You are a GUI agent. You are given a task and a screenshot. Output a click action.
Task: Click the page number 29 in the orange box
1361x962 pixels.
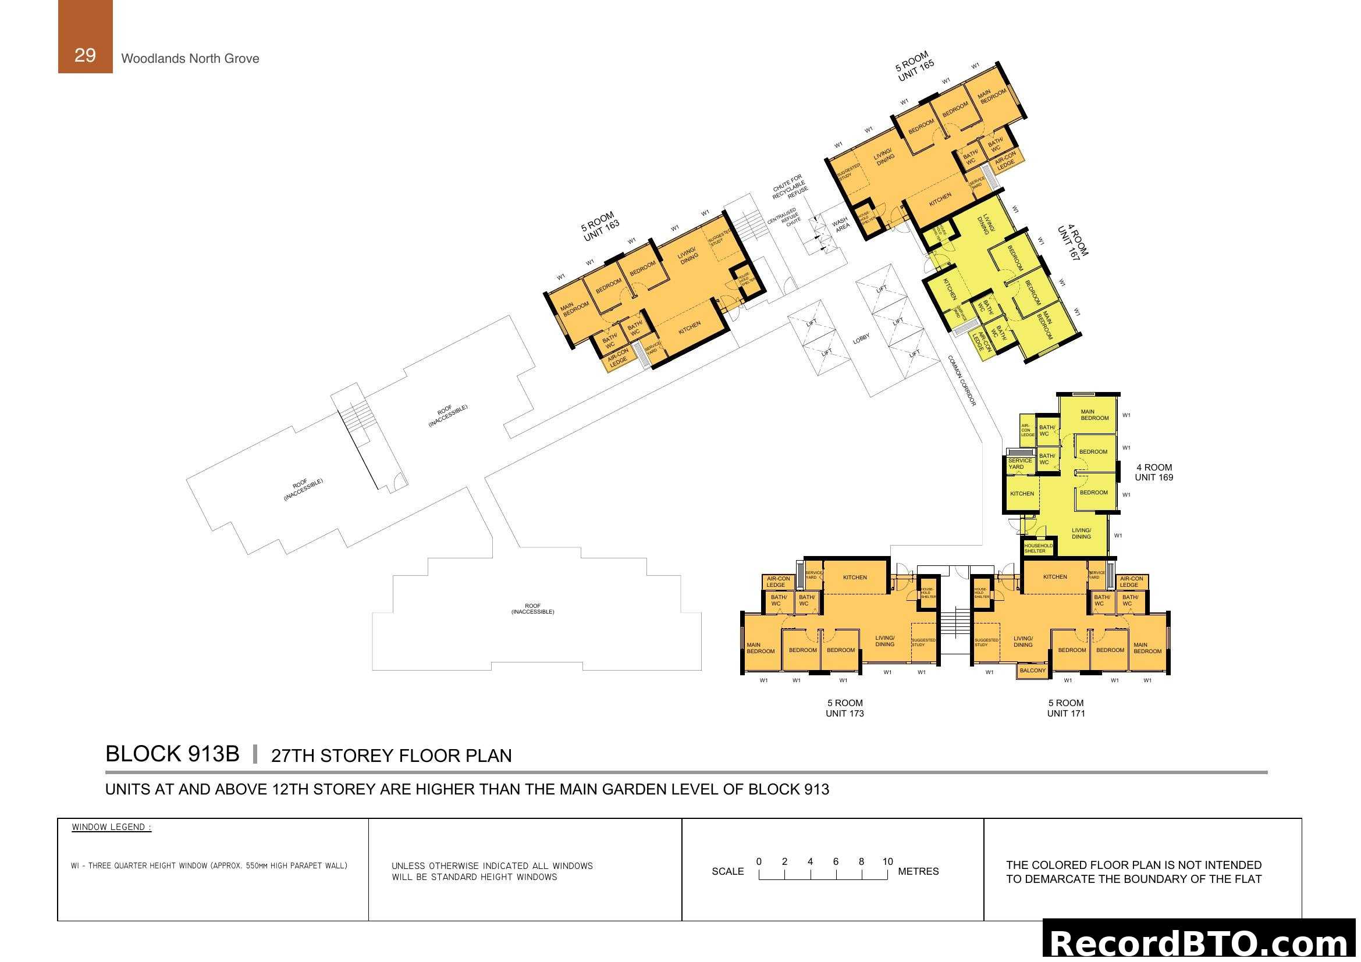85,55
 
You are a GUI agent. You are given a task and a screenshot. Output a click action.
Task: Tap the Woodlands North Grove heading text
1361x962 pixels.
190,59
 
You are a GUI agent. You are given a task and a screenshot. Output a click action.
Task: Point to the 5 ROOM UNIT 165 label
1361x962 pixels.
914,66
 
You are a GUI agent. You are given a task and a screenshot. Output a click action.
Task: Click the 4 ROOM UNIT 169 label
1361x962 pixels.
1153,472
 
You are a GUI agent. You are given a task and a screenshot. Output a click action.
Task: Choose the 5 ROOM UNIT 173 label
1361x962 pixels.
844,708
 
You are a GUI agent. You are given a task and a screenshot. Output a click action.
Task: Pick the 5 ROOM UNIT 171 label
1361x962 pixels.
1065,708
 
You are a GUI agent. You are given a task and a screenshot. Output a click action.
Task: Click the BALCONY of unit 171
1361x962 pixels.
1033,671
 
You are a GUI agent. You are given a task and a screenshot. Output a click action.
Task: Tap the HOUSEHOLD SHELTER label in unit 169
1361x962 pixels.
1038,548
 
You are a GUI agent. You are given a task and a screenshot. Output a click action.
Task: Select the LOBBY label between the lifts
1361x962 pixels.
861,339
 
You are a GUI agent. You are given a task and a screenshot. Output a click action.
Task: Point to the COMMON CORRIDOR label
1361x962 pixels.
961,380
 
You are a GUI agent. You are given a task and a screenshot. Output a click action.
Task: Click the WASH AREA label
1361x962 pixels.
841,223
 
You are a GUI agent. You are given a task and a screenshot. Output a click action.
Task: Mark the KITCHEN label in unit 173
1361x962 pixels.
855,577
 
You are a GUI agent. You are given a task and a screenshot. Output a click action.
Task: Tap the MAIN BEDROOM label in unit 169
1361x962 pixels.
1094,415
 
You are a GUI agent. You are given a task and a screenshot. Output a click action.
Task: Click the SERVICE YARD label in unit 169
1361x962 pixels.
1019,463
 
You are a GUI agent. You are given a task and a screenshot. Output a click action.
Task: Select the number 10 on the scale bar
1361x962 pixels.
887,861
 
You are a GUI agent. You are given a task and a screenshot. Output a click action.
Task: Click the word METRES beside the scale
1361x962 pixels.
918,871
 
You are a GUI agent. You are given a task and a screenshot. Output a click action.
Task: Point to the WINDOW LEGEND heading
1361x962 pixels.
112,827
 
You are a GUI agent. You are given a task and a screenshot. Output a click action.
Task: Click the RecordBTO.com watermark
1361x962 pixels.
1200,942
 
